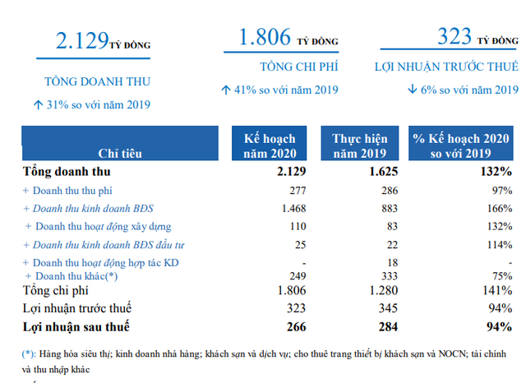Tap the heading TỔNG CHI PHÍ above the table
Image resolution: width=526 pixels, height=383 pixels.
click(x=282, y=67)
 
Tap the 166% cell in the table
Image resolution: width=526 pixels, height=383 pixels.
click(x=498, y=208)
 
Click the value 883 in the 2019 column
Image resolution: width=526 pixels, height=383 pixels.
click(x=376, y=208)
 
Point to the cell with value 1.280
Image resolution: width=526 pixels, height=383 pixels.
click(x=371, y=290)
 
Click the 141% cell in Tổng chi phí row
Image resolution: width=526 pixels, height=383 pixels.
click(x=496, y=290)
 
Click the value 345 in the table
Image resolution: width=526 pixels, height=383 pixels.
click(x=376, y=309)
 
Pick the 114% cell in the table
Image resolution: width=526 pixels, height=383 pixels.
click(x=498, y=244)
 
